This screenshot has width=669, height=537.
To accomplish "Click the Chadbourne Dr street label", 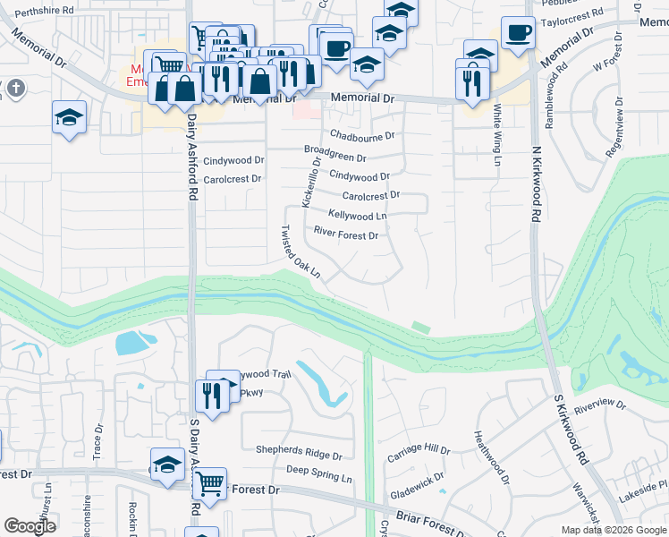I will point(362,136).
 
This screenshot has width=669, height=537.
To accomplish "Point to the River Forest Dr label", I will point(346,235).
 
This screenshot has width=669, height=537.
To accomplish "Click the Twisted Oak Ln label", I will point(301,251).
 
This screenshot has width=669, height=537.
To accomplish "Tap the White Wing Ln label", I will point(497,135).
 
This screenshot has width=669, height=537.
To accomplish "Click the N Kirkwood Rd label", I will point(537,184).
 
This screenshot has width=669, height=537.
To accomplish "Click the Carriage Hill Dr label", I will point(419,453).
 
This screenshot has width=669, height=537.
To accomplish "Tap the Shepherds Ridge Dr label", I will point(299,452).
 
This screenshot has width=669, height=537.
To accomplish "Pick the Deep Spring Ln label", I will point(318,473).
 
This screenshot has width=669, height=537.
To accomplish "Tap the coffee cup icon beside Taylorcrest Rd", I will point(518,32).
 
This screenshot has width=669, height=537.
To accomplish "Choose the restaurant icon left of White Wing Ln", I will point(472,82).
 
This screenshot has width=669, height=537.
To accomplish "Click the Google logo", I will point(30,526).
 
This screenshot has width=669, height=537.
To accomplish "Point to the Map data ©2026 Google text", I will point(613,530).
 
